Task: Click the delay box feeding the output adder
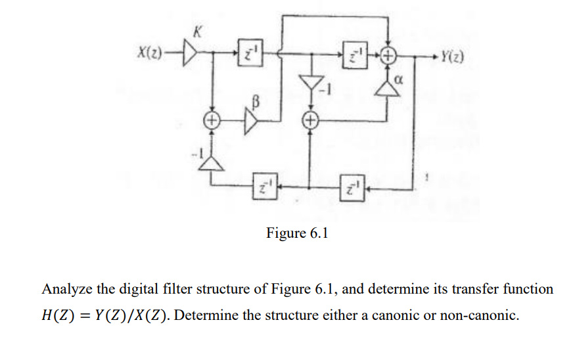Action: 354,57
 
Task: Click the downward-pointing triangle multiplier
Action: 309,83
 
